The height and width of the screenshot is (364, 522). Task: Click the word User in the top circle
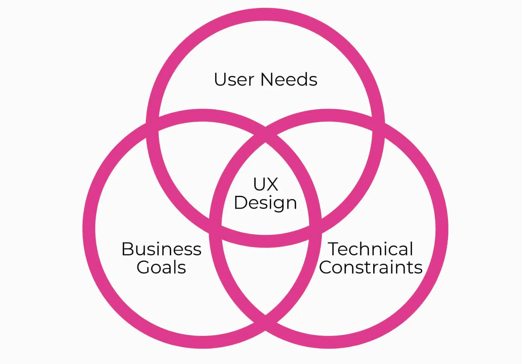(234, 80)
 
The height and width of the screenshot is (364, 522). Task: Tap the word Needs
(289, 80)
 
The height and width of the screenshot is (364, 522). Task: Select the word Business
(161, 249)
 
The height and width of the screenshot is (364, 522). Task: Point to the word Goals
(161, 267)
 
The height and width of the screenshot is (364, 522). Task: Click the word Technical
(371, 249)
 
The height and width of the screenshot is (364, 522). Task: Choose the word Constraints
(371, 267)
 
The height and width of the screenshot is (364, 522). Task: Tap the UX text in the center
(266, 184)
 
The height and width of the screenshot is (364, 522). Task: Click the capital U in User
(220, 80)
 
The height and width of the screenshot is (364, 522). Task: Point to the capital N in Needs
(267, 80)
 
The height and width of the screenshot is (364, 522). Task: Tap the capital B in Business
(127, 249)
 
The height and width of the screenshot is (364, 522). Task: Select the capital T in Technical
(334, 249)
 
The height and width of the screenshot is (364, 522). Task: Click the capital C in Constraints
(326, 267)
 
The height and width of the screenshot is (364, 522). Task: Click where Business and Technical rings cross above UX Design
(266, 135)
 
